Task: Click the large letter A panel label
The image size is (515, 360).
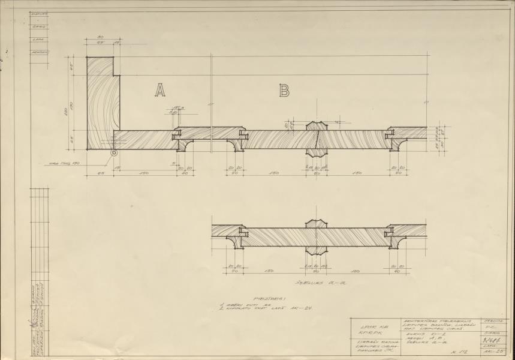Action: [160, 90]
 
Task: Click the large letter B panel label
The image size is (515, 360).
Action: [284, 91]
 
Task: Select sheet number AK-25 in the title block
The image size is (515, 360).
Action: [497, 351]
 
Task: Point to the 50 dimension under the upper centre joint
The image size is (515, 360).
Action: [317, 173]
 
